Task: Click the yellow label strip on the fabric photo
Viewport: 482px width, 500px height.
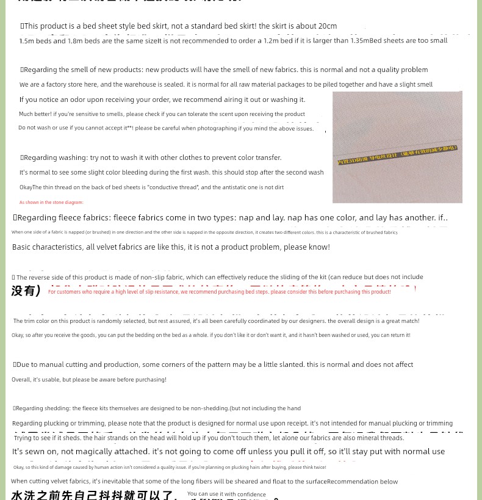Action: tap(397, 155)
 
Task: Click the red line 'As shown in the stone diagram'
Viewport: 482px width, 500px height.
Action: tap(51, 203)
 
